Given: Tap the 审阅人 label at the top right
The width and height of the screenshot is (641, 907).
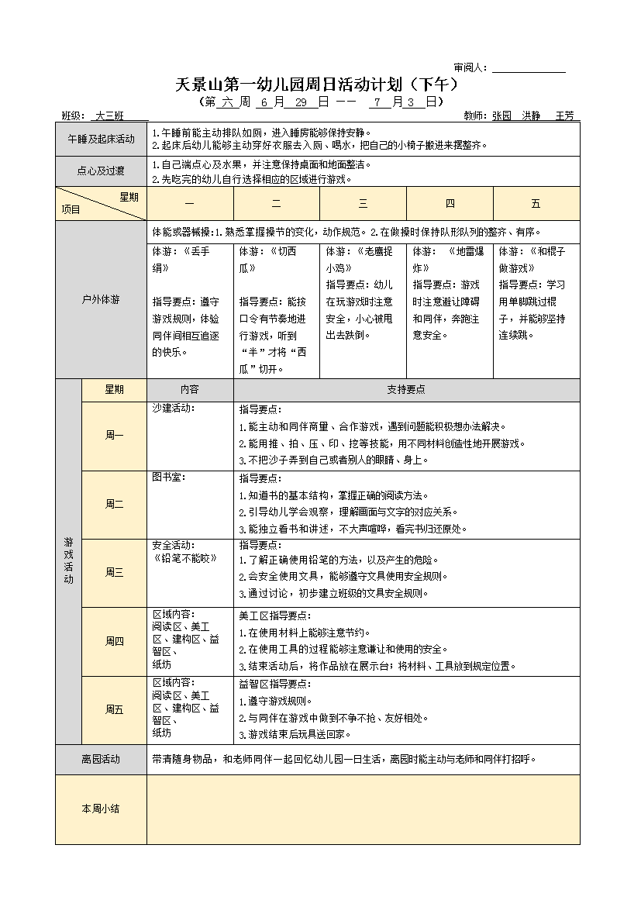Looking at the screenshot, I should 470,68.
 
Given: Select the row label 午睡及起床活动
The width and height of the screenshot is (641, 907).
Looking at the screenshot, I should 101,139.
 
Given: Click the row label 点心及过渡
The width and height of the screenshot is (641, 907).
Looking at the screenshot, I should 101,171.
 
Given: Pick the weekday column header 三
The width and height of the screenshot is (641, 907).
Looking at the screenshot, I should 363,204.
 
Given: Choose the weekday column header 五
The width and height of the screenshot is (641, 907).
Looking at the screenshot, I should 536,204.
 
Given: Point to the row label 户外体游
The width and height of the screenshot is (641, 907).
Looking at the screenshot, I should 101,299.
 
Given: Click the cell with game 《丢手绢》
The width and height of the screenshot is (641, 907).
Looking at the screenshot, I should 190,301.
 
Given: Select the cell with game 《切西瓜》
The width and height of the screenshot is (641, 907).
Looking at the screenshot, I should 276,309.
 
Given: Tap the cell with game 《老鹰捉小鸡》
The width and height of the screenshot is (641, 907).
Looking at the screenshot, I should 363,293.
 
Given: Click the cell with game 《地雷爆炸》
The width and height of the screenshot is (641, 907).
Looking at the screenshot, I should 450,293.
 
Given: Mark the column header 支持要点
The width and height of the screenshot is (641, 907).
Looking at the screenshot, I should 406,390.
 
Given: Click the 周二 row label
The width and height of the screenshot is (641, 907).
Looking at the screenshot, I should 114,504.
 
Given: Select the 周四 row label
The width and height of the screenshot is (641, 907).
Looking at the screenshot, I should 114,641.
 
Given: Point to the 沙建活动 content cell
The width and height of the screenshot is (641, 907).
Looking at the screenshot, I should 190,435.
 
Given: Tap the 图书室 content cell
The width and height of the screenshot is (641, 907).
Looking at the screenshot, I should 190,504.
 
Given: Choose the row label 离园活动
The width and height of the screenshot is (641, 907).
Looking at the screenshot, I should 101,759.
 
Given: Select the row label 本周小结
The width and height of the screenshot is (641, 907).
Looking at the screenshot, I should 101,809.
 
